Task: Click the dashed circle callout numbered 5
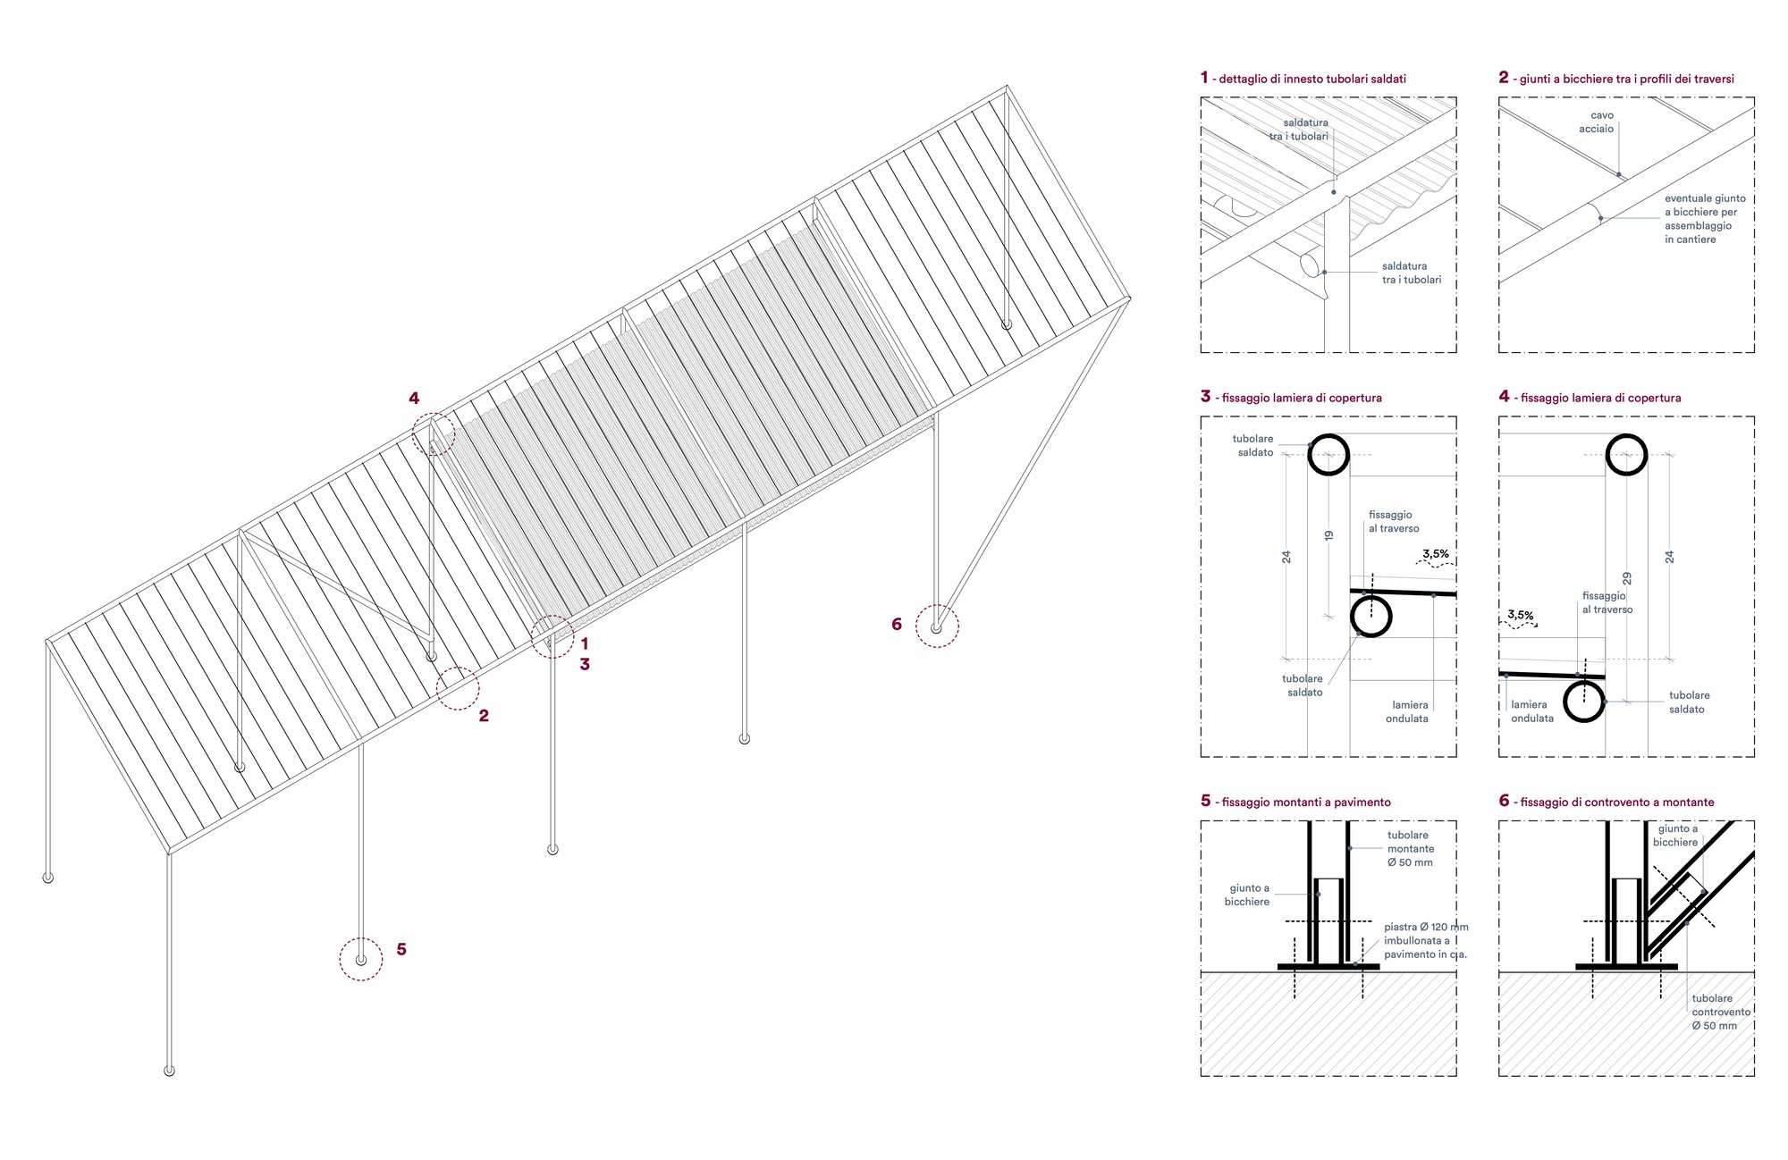point(361,959)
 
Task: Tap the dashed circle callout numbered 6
point(937,626)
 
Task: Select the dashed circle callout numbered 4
point(434,434)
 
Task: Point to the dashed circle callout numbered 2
point(458,688)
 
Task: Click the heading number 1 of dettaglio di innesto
point(1204,78)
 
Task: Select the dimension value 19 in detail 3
point(1328,535)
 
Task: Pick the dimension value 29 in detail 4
point(1626,578)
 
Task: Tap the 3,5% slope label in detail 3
point(1435,554)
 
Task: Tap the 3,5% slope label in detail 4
point(1520,615)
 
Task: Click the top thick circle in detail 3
point(1328,454)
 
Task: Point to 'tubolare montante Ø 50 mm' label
point(1410,848)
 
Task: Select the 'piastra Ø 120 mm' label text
point(1425,940)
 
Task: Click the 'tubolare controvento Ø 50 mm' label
point(1720,1012)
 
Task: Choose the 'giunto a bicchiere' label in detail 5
point(1248,895)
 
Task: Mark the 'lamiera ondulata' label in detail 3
point(1407,711)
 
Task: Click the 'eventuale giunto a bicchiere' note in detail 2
point(1704,218)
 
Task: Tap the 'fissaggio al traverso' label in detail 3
point(1393,521)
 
